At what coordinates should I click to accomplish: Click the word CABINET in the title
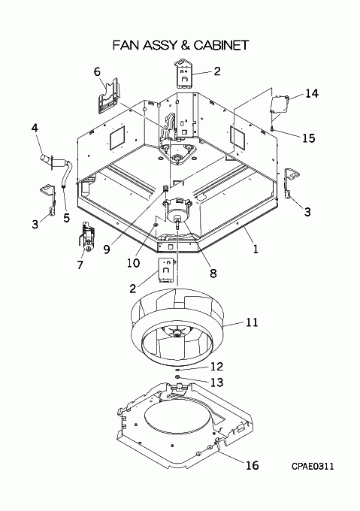click(222, 45)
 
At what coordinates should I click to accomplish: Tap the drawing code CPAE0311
click(313, 467)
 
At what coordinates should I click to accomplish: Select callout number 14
click(311, 93)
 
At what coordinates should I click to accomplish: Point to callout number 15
click(309, 138)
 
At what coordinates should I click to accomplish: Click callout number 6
click(97, 71)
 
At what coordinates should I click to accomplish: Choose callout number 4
click(35, 128)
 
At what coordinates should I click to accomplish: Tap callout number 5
click(66, 218)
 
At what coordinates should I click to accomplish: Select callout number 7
click(80, 265)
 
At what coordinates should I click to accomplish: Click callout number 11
click(252, 322)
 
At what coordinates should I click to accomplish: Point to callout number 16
click(253, 465)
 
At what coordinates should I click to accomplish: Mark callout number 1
click(256, 249)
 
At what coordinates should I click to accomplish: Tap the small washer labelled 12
click(177, 370)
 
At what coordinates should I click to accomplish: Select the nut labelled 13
click(177, 377)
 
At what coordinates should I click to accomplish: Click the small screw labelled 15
click(271, 130)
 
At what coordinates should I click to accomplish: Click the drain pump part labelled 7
click(86, 237)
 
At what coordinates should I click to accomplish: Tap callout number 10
click(134, 263)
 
